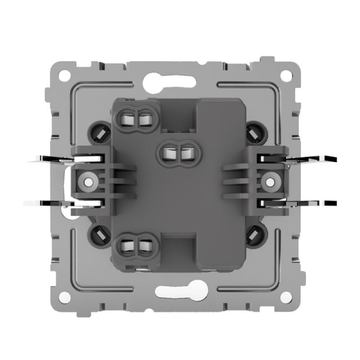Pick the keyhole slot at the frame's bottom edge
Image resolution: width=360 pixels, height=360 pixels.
click(180, 293)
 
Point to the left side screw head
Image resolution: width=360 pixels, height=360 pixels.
click(88, 180)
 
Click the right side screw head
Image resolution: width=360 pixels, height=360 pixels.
click(272, 180)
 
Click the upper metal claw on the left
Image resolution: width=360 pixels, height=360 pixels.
click(51, 159)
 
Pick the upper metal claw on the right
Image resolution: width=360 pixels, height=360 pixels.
click(309, 159)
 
